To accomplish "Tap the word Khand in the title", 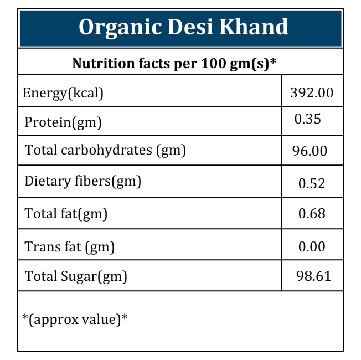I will coord(259,27).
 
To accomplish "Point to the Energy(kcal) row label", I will coord(63,92).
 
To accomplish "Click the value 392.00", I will coord(312,92).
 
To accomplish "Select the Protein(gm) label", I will coord(63,122).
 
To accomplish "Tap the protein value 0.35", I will coord(307,119).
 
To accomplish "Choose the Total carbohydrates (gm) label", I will coord(105,150).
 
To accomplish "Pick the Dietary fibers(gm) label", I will coord(83,181).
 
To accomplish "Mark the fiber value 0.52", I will coord(312,183).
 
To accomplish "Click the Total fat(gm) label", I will coord(66,213).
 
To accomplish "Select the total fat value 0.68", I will coord(312,214).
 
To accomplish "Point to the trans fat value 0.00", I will coord(312,247).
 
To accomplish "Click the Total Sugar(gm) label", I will coord(76,276).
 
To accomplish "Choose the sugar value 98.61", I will coord(314,276).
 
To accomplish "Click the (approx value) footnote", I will coord(75,319).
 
